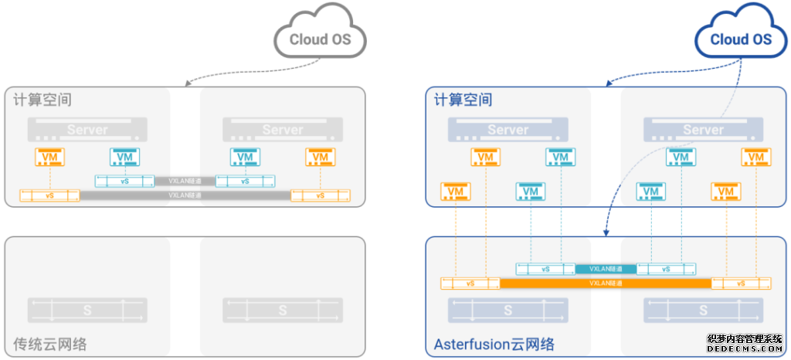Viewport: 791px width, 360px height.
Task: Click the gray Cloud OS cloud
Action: point(320,38)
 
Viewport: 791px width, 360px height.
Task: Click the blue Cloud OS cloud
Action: point(741,38)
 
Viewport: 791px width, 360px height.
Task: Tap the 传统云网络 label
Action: point(50,344)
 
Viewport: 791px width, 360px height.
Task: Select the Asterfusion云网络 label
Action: point(494,344)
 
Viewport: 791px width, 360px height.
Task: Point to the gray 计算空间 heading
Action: point(39,100)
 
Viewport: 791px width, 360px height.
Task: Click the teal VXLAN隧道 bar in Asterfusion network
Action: point(606,270)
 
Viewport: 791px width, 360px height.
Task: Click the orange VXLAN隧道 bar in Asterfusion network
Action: point(606,284)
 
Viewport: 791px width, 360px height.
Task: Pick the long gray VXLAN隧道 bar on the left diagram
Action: point(185,195)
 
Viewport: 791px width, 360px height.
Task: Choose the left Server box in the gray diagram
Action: point(87,129)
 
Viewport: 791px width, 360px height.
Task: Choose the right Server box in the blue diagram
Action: point(703,129)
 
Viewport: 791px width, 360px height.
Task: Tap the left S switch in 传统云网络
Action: point(87,310)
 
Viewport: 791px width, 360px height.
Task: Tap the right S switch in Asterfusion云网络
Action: point(703,310)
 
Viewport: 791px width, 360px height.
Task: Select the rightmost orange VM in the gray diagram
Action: point(320,158)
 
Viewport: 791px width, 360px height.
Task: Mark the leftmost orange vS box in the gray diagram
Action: point(50,195)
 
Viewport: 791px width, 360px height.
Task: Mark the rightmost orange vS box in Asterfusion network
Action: point(742,284)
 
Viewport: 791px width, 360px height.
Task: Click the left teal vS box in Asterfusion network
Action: point(545,270)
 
